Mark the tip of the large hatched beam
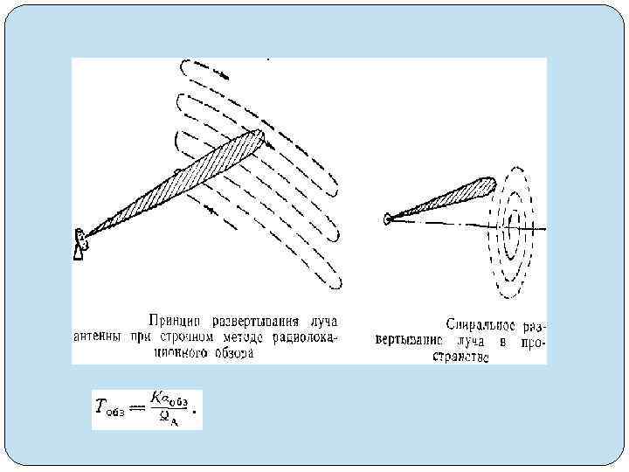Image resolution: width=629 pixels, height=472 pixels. [x=259, y=134]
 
